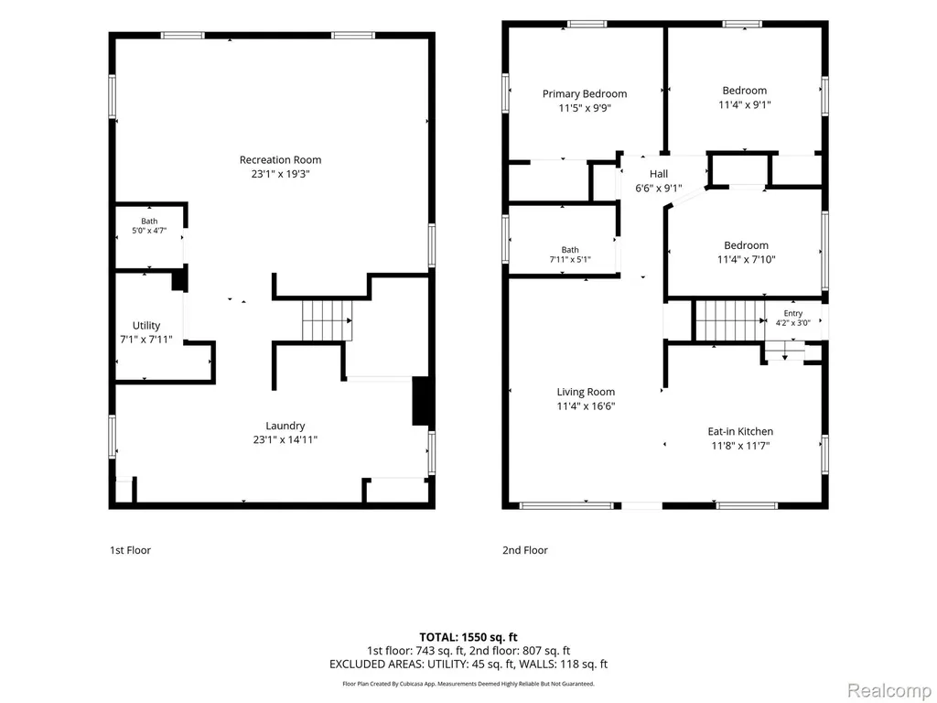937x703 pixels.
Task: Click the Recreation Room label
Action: pos(280,159)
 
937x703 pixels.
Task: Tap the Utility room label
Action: pos(146,325)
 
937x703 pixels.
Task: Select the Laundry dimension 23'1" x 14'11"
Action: pos(285,440)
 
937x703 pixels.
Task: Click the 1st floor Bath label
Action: pos(149,222)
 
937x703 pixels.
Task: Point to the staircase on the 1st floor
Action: pos(327,320)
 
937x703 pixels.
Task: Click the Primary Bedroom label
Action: pos(585,94)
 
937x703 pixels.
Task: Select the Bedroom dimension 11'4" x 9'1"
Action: pos(745,104)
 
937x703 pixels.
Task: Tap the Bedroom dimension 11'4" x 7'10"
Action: pos(747,259)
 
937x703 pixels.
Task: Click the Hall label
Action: pos(659,174)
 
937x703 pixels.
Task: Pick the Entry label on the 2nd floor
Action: pos(793,313)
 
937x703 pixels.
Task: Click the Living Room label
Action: pos(586,392)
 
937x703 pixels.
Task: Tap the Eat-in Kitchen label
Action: pos(740,432)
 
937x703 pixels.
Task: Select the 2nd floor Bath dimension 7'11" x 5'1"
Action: pos(570,259)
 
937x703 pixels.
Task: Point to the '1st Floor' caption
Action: pos(130,550)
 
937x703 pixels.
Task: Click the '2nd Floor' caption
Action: pos(524,550)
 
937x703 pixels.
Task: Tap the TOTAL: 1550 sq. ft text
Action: pos(468,637)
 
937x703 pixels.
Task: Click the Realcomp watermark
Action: pos(889,690)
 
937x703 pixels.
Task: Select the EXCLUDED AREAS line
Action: pos(468,665)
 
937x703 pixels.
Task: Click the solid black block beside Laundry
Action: pos(421,401)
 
